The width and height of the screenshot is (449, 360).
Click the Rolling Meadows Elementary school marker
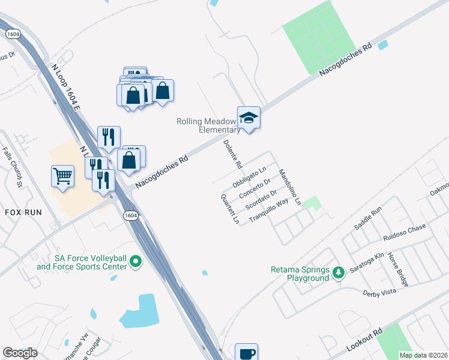249,118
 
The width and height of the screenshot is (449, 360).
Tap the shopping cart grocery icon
62,176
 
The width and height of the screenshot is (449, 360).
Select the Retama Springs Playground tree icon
339,273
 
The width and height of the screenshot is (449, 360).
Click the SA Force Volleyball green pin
136,262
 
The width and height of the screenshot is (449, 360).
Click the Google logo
20,353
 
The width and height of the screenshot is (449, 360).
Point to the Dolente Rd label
232,154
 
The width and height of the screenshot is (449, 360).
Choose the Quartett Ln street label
230,209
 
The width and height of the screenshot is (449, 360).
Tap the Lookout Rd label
364,341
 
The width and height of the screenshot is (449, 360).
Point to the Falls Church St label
11,167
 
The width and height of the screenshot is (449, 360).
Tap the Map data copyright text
423,355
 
